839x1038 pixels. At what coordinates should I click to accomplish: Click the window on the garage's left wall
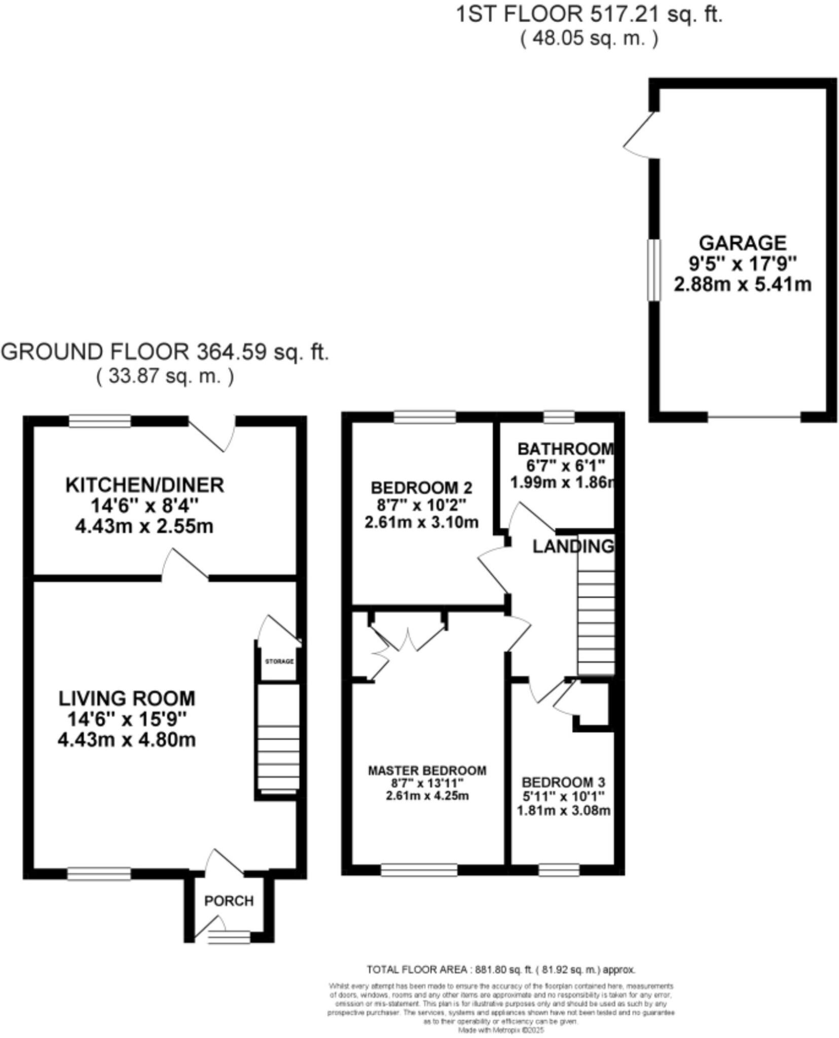click(654, 270)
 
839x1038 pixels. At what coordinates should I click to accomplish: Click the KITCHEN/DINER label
click(144, 485)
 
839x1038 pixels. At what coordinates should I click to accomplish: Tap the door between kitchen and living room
click(185, 564)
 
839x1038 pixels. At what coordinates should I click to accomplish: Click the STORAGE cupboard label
click(279, 661)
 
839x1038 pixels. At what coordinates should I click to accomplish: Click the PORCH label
click(229, 901)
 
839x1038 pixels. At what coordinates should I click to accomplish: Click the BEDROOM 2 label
click(421, 488)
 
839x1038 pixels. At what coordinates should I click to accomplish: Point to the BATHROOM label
click(565, 449)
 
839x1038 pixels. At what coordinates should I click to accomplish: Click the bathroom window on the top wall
click(559, 417)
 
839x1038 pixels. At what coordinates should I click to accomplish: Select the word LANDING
click(573, 546)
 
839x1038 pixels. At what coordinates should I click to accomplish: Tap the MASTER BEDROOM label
click(427, 770)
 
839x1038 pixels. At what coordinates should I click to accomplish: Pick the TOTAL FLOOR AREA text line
click(500, 970)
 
